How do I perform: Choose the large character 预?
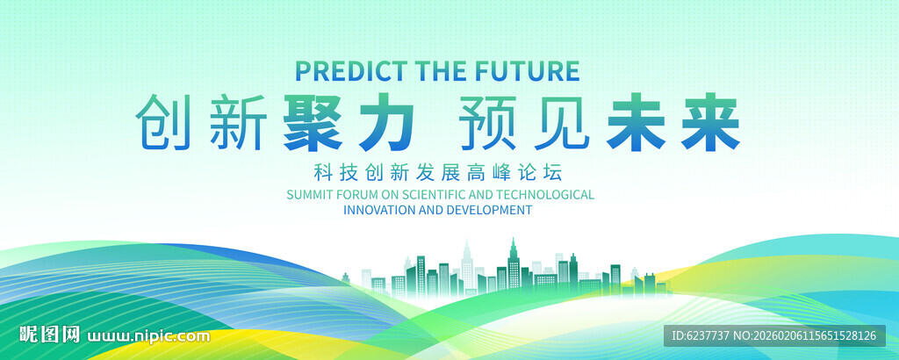(488, 123)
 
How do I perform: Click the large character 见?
(562, 123)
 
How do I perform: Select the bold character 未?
(636, 123)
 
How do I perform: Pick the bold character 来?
(709, 123)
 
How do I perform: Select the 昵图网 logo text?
(49, 335)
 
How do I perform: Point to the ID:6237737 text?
(708, 335)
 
